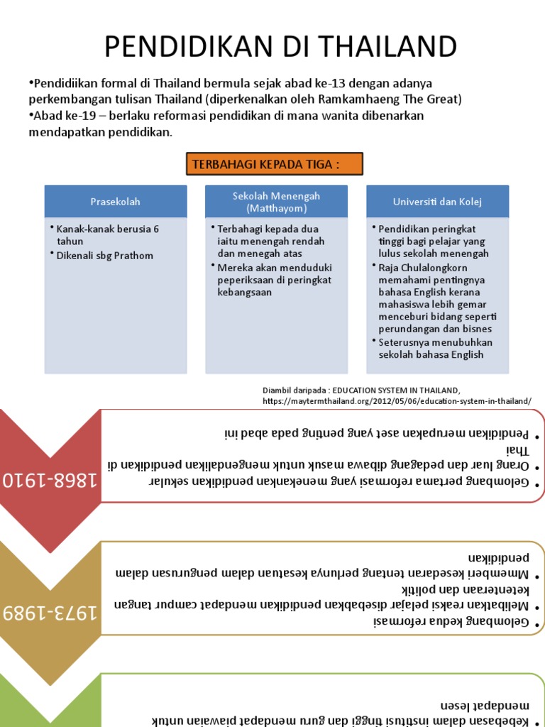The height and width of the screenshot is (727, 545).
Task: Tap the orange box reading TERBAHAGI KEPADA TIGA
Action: click(275, 164)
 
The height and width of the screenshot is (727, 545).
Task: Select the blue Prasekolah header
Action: click(116, 202)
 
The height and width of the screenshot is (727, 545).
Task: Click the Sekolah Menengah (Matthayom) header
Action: click(276, 202)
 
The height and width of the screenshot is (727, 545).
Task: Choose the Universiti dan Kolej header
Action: click(437, 202)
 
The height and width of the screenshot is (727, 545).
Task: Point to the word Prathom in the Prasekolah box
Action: click(135, 256)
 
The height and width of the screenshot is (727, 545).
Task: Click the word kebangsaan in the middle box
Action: click(244, 292)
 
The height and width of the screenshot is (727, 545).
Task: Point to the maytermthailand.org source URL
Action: click(397, 400)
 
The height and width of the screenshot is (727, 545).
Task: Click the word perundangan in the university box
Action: click(410, 329)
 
